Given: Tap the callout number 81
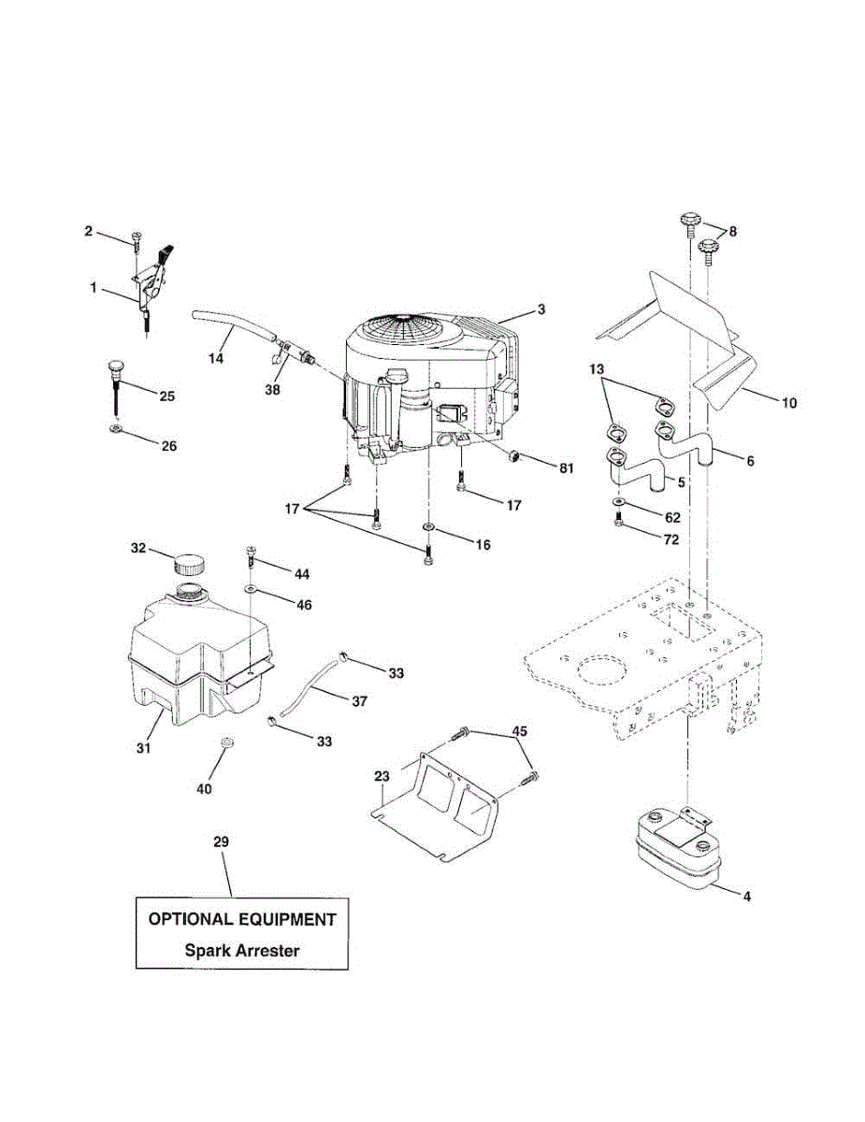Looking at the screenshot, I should click(x=566, y=467).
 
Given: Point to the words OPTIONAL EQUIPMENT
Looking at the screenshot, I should click(x=242, y=919).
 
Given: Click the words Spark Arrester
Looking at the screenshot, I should click(x=242, y=951).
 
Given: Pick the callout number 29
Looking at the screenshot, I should click(x=221, y=842).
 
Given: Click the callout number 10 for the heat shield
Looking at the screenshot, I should click(x=788, y=403).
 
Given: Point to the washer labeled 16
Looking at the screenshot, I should click(x=427, y=529).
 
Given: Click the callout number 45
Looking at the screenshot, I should click(x=519, y=730).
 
